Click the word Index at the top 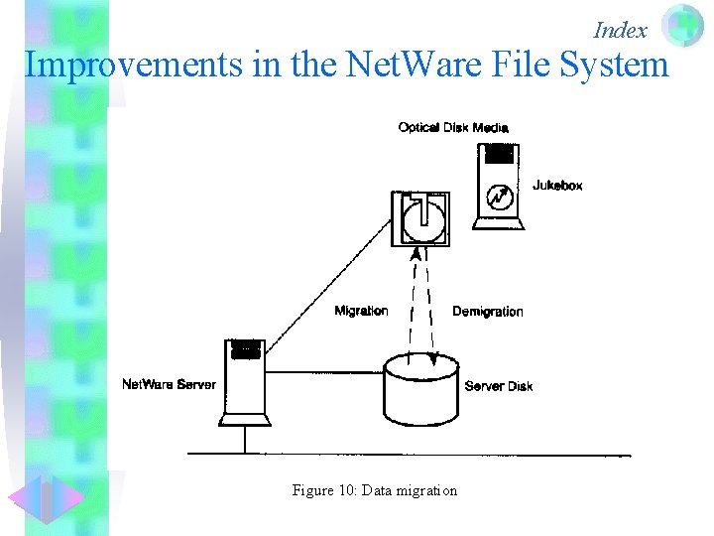point(620,30)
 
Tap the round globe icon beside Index point(682,26)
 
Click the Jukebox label point(557,186)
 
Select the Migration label point(361,311)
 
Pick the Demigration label point(487,312)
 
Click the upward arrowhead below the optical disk point(416,254)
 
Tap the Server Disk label point(498,386)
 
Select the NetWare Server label point(169,384)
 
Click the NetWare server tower point(245,382)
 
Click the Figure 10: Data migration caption point(375,490)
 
